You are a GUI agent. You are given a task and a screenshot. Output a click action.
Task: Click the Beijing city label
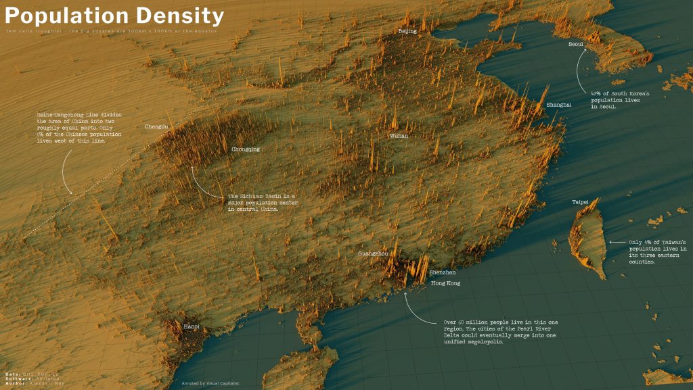coord(407,31)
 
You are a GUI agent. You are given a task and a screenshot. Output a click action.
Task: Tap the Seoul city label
coord(576,44)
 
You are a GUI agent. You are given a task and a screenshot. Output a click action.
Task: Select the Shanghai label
coord(558,105)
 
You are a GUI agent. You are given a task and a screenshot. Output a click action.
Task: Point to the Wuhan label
coord(399,136)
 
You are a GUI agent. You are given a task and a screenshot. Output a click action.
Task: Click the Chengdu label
coord(156,126)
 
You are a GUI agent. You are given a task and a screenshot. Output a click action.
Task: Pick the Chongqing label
coord(246,149)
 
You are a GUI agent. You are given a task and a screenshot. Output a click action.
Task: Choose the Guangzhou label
coord(373,253)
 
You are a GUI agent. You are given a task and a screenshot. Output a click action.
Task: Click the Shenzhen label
coord(442,272)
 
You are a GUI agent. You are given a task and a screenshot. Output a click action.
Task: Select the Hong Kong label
coord(445,283)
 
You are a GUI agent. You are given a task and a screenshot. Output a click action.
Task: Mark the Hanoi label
coord(192,327)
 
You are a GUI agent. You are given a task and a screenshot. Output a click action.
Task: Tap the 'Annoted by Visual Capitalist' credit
coord(210,383)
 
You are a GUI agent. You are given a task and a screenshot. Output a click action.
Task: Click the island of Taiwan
coord(587,237)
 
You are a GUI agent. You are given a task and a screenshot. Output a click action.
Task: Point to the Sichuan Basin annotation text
coord(263,202)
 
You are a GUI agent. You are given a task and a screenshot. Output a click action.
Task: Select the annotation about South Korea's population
coord(620,99)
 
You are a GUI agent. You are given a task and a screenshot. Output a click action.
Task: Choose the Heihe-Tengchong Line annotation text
coord(80,128)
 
